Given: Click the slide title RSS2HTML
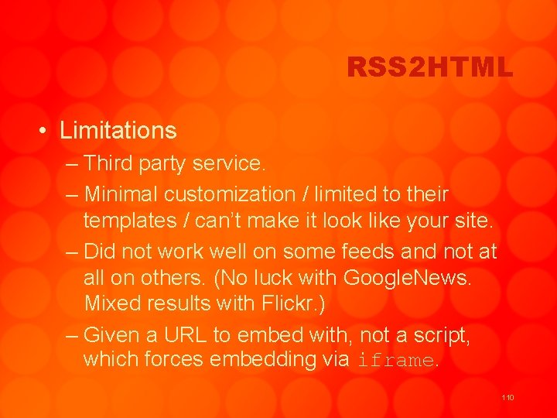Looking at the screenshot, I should [429, 68].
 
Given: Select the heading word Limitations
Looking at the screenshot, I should [118, 130].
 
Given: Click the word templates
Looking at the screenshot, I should [130, 221].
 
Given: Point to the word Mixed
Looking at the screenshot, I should [112, 303].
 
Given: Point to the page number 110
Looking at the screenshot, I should [507, 397].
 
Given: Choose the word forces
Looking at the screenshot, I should [165, 360].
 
